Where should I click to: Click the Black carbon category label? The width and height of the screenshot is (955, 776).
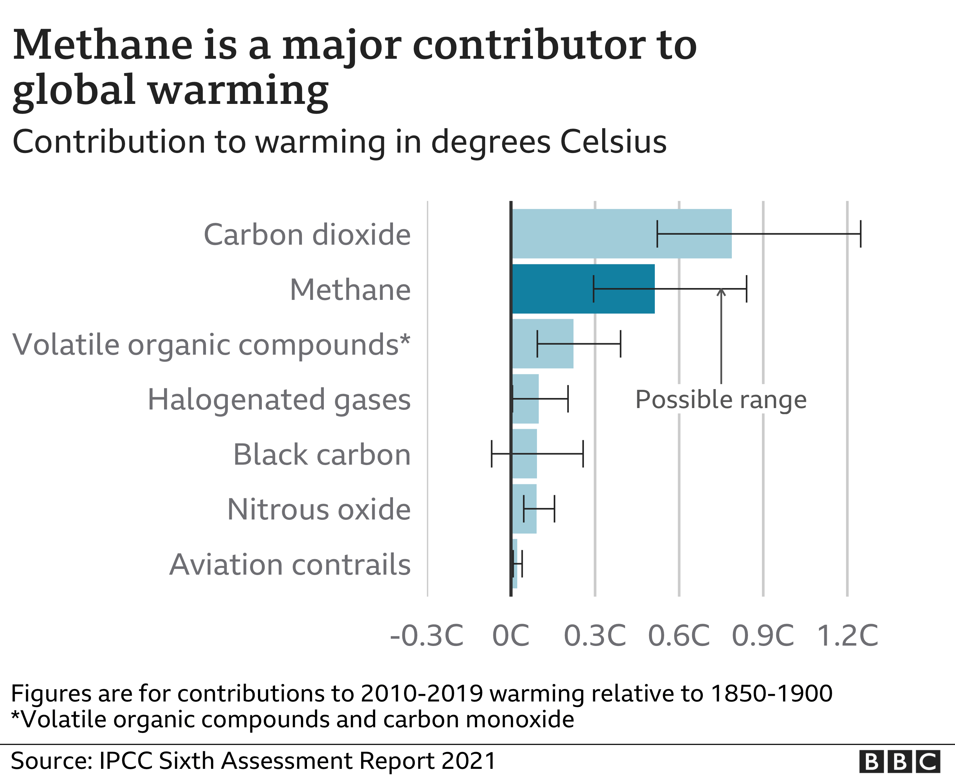[322, 455]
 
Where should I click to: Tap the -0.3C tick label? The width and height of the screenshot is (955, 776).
[427, 636]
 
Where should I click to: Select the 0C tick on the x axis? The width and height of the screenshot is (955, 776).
[511, 636]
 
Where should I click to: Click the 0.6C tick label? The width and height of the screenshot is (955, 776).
[679, 636]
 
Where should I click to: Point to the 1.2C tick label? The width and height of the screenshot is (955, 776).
[847, 636]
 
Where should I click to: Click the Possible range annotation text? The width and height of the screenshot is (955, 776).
[721, 399]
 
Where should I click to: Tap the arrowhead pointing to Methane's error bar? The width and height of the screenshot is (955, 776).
[721, 293]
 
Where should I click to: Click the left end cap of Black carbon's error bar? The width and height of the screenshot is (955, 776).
[491, 454]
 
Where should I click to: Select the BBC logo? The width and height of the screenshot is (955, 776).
[899, 761]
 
